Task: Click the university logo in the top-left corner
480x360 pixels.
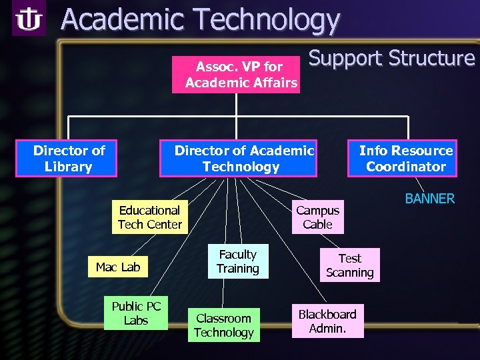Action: click(29, 20)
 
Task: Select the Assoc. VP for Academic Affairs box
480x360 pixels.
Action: click(235, 75)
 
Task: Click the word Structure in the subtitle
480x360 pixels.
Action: click(432, 59)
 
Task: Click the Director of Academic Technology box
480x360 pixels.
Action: click(242, 159)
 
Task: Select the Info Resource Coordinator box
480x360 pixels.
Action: click(403, 159)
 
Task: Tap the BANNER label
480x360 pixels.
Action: click(430, 199)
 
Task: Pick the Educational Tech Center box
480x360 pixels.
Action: click(149, 217)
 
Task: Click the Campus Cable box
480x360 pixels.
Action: click(317, 217)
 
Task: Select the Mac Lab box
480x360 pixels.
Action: click(118, 267)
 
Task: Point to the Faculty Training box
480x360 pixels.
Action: click(237, 261)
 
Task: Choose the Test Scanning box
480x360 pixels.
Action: click(349, 265)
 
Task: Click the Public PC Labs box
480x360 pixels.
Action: click(136, 313)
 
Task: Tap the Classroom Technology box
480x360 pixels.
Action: click(224, 325)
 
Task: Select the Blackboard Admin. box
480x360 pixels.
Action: click(327, 321)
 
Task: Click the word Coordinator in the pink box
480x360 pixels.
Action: click(406, 167)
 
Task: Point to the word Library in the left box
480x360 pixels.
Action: click(68, 167)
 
